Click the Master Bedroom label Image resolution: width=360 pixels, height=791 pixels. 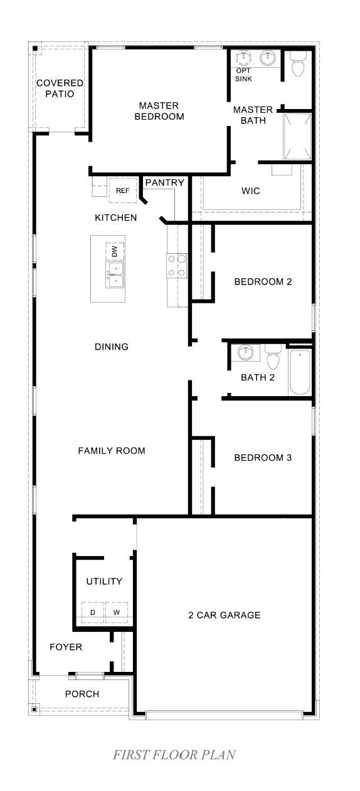pos(159,111)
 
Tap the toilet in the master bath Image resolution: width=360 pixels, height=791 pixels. pos(298,63)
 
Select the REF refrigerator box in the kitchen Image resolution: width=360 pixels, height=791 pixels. pos(122,191)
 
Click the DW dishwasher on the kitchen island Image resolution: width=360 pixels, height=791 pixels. pos(115,251)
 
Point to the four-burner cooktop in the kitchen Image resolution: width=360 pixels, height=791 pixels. pos(177,266)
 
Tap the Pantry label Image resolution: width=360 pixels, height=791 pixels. pos(164,182)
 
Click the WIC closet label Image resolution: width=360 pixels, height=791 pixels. pos(251,191)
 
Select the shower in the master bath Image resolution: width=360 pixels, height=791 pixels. pos(298,137)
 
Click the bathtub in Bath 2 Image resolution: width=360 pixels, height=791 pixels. pos(300,372)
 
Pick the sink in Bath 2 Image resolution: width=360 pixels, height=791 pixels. pos(245,353)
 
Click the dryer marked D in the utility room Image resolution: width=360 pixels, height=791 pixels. pos(93,612)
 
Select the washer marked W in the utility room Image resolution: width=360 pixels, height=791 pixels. pos(117,612)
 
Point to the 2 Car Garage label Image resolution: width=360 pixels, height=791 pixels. pos(225,615)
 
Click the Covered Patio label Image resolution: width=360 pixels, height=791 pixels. pos(60,88)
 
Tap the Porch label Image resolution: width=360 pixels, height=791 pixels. pos(82,694)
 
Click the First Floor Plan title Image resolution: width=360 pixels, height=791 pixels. pos(174,755)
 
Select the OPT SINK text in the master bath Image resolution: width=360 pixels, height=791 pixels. pos(243,75)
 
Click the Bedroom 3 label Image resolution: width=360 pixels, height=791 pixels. pos(263,458)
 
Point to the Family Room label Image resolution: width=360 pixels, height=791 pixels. pos(112,451)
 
